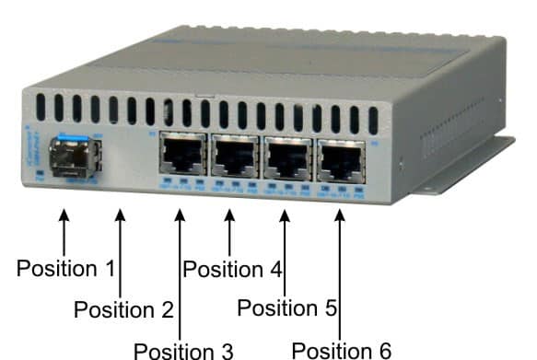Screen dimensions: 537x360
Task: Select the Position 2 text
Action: click(x=124, y=309)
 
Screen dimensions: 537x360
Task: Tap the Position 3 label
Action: click(x=184, y=350)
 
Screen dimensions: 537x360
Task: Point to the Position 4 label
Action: click(x=231, y=270)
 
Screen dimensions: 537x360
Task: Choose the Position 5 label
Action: click(x=287, y=308)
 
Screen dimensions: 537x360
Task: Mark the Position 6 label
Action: click(x=342, y=350)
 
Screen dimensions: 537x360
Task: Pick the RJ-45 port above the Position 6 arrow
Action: click(x=337, y=157)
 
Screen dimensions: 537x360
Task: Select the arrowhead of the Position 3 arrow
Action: click(x=179, y=216)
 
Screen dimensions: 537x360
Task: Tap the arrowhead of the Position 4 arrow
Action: click(x=229, y=216)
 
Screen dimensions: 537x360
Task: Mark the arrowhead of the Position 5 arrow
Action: click(x=284, y=216)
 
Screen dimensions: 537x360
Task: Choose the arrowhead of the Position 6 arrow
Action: click(x=339, y=216)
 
